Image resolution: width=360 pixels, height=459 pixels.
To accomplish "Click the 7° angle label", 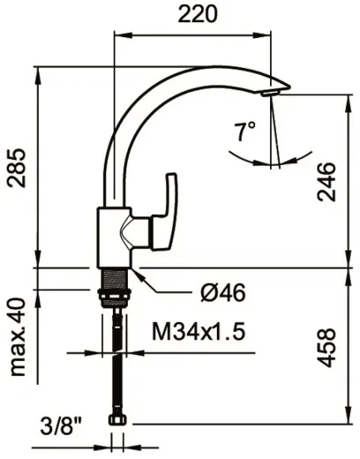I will [x=244, y=133].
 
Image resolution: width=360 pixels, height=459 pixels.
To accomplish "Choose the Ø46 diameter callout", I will [x=221, y=292].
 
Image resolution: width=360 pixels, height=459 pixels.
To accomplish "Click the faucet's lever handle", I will [x=168, y=212].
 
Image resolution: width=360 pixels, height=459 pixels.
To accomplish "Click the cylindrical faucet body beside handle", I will [x=110, y=234].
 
